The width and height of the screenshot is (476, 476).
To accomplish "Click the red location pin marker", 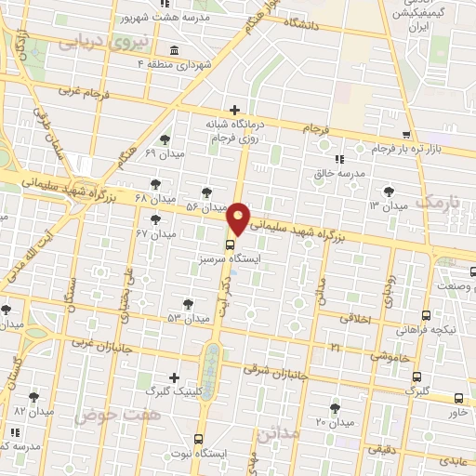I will (x=239, y=217).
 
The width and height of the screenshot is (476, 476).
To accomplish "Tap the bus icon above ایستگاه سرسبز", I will (x=231, y=245).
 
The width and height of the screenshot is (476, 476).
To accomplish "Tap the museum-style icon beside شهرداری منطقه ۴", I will (x=176, y=49).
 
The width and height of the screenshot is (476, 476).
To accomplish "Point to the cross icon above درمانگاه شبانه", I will (x=234, y=110).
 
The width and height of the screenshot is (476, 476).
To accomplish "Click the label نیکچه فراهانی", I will (x=426, y=329).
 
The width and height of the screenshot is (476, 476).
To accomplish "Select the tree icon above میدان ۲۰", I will (x=335, y=407).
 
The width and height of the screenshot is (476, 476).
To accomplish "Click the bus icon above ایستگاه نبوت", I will (x=197, y=439).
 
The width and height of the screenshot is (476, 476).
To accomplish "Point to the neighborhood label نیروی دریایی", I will (x=90, y=41).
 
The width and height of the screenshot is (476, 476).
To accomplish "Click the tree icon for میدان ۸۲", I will (x=33, y=396).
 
